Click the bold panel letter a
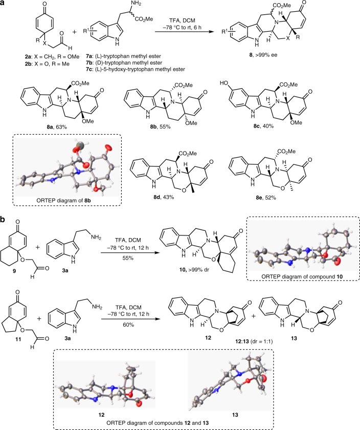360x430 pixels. pyautogui.click(x=5, y=5)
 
